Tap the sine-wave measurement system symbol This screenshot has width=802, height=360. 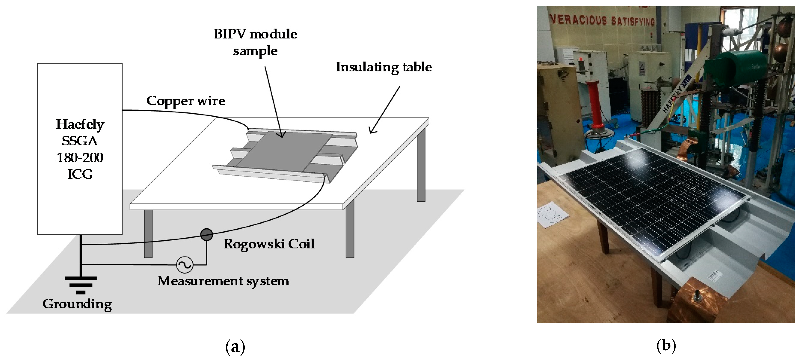pyautogui.click(x=184, y=265)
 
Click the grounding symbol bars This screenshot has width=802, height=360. pyautogui.click(x=81, y=285)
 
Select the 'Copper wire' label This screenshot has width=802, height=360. pyautogui.click(x=186, y=101)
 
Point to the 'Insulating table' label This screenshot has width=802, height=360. pyautogui.click(x=384, y=67)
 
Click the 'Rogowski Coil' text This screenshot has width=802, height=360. pyautogui.click(x=269, y=244)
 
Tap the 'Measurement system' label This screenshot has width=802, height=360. pyautogui.click(x=223, y=281)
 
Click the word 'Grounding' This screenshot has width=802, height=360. pyautogui.click(x=77, y=304)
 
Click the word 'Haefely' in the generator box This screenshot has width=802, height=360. pyautogui.click(x=80, y=124)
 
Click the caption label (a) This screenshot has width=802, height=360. pyautogui.click(x=235, y=346)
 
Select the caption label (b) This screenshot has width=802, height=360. pyautogui.click(x=666, y=346)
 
